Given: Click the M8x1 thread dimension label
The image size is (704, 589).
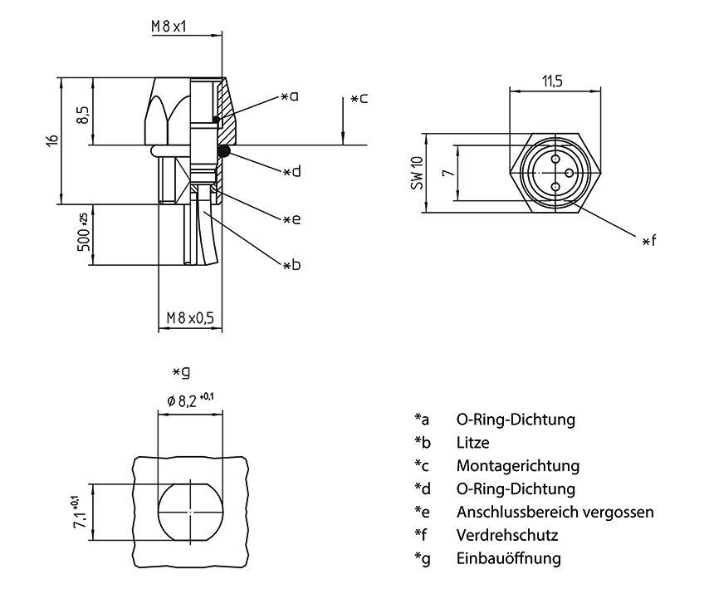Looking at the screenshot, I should coord(169,26).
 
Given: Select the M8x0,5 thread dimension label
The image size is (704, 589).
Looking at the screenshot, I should coord(190,318).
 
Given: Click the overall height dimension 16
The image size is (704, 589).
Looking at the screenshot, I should coord(51,140).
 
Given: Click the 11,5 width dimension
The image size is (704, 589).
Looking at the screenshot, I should coord(553,81).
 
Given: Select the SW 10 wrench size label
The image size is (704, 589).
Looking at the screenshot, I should coord(417,174).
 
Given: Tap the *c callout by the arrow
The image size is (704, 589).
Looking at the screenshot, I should coord(359,99).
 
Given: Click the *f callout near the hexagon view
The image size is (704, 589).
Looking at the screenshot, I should coord(649,241).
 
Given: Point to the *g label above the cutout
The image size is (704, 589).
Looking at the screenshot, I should coord(180,371).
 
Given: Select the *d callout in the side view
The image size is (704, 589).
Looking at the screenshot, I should coord(291,172).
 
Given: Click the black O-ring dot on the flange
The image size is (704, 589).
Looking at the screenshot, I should coord(223,150).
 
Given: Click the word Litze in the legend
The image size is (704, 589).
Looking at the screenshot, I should coord(472,443).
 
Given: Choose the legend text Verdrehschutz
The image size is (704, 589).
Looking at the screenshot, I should coord(507,535).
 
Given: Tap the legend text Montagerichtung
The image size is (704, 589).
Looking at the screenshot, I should coord(517,466).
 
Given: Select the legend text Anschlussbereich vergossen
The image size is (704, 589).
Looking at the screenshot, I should coord(555,512).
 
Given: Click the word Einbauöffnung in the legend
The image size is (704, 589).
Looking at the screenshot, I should coord(508,558).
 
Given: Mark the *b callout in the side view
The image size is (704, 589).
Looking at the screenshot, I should coord(291,265).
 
